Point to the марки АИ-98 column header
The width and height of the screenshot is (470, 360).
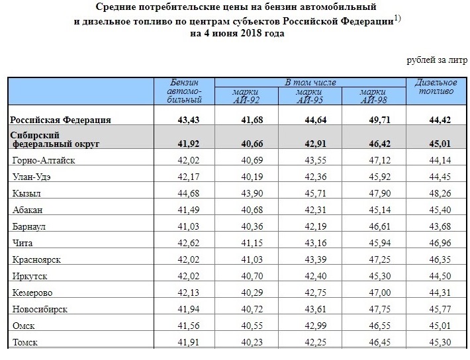tap(373, 96)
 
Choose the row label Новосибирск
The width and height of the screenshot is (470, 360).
tap(40, 309)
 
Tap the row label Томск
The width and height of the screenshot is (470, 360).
tap(25, 342)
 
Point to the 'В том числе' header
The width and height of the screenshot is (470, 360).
tap(310, 82)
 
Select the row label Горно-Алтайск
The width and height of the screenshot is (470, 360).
tap(44, 159)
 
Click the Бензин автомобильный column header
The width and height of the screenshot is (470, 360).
tap(185, 91)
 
